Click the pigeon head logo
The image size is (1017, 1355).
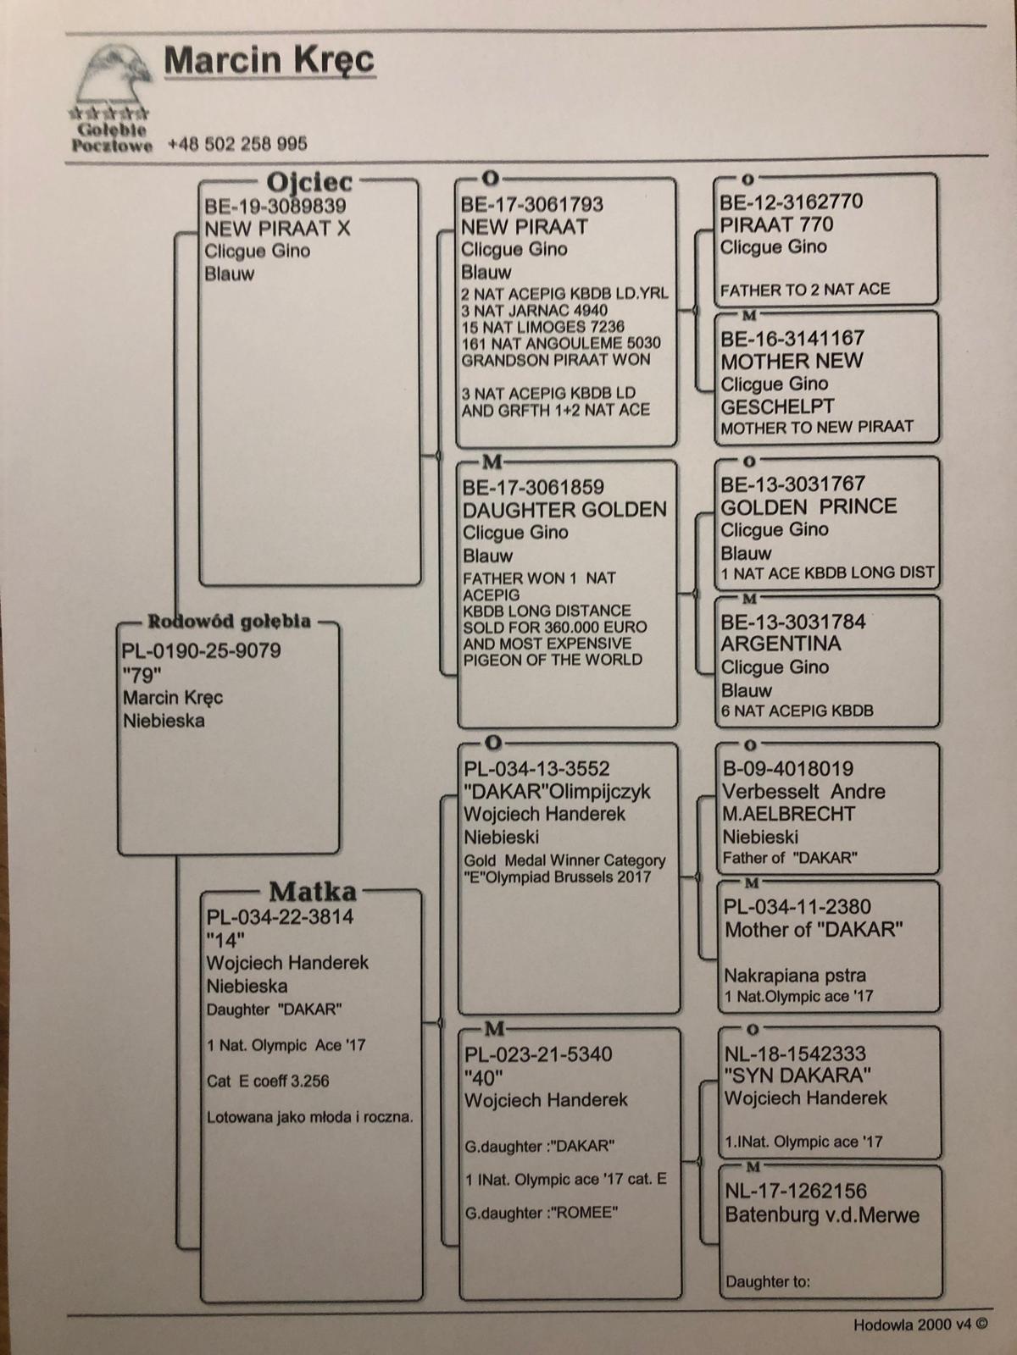(x=113, y=80)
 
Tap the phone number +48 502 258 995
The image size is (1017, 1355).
(x=237, y=144)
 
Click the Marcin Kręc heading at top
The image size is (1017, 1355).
(x=269, y=60)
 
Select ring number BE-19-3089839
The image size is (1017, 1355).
(x=275, y=206)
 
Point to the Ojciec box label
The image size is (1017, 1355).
(x=308, y=181)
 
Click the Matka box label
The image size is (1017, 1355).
(x=312, y=891)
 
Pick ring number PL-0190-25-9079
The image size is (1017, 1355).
(x=202, y=651)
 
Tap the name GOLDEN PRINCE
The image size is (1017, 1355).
(x=808, y=506)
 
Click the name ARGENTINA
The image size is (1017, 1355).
(x=781, y=644)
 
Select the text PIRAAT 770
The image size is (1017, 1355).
(x=776, y=224)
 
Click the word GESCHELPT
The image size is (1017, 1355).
(x=777, y=406)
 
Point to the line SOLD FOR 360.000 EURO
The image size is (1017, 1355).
(x=554, y=628)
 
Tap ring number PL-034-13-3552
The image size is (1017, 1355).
(x=536, y=769)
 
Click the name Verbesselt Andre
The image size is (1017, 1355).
(x=803, y=792)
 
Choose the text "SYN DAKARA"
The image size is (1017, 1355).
(x=798, y=1076)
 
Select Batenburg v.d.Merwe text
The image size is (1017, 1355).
(x=821, y=1214)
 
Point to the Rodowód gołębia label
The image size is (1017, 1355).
(x=229, y=622)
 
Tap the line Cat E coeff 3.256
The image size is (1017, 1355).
(x=268, y=1081)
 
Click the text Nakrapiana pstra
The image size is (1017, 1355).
(x=794, y=975)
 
